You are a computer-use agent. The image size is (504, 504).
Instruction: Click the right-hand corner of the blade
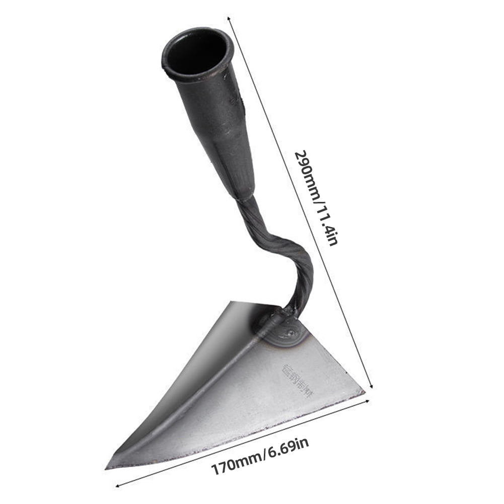pos(363,391)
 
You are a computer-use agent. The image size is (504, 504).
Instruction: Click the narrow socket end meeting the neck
pos(244,194)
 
